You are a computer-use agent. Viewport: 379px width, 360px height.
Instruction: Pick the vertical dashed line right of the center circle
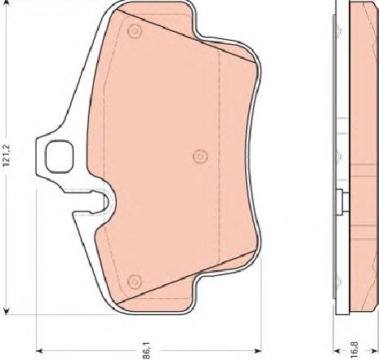[221, 155]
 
